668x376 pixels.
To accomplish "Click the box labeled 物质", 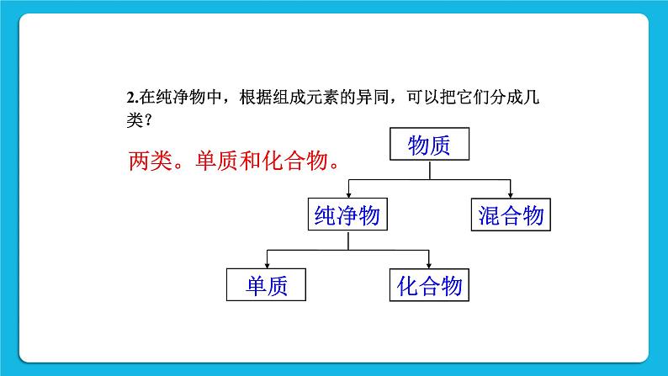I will [429, 145].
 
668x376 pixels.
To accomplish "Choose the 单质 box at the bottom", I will [265, 285].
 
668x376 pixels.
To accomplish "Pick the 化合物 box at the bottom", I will [429, 285].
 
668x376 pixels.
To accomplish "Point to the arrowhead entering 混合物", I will [511, 193].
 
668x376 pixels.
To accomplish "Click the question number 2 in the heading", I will [119, 98].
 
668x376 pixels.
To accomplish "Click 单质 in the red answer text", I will [214, 159].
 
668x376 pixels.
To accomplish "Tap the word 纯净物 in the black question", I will [179, 98].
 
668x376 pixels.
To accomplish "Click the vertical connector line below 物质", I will [429, 170].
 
